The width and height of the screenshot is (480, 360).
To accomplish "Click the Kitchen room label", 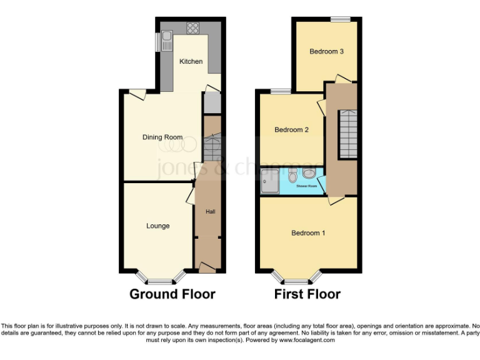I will [191, 61].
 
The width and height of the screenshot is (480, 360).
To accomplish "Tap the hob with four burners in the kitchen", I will [192, 28].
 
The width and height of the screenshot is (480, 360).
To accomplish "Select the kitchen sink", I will [166, 41].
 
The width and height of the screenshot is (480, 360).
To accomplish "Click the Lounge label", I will [157, 226].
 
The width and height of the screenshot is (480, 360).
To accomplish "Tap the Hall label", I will [211, 212].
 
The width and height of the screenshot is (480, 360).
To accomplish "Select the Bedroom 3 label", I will [326, 51].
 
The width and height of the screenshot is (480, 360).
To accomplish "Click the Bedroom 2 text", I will [292, 130].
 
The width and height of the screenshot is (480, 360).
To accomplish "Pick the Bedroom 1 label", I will [308, 233].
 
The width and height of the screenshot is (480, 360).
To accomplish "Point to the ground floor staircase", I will [211, 149].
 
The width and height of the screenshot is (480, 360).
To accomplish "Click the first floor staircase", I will [347, 134].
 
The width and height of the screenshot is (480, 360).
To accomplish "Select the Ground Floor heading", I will [172, 294].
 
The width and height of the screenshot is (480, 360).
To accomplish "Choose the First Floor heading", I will [307, 294].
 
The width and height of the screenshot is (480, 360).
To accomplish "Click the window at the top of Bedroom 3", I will [341, 19].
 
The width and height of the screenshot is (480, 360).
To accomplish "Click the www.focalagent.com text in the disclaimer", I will [306, 341].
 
